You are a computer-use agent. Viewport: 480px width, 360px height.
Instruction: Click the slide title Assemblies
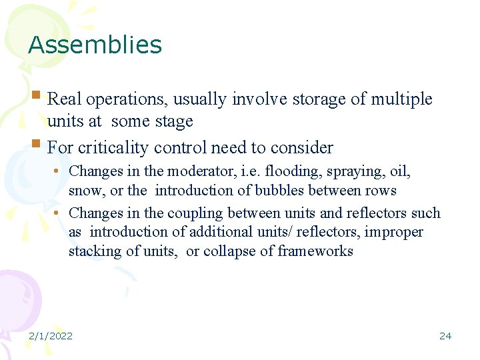95,45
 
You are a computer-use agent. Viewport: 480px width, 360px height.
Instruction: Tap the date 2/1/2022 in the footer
50,335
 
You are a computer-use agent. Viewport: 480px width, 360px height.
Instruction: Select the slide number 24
445,335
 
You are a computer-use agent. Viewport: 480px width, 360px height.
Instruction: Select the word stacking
93,251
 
